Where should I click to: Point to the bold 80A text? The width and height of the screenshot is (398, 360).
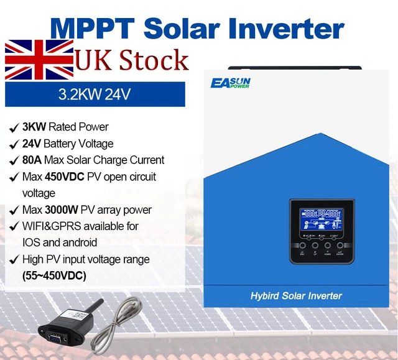[x=31, y=160]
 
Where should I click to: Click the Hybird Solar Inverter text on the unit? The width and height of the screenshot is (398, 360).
[x=296, y=295]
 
